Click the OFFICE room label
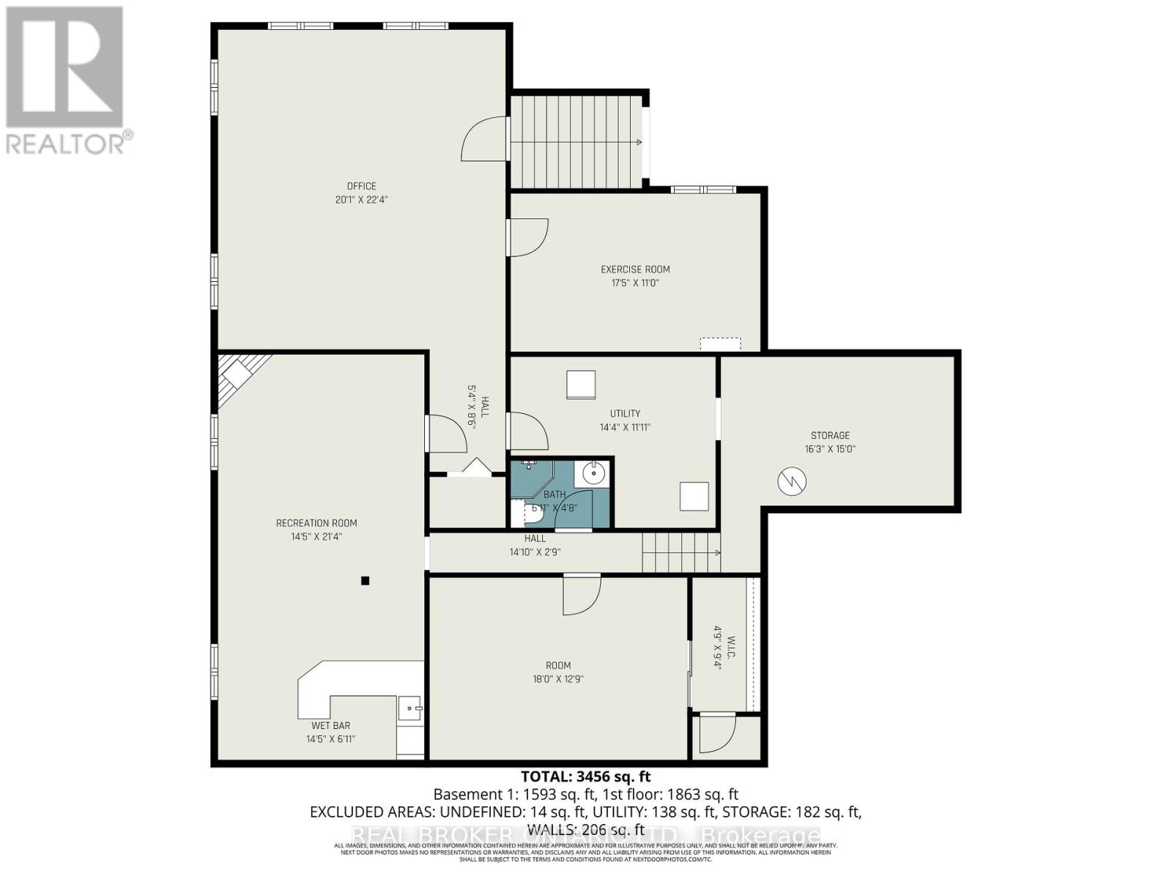click(x=361, y=186)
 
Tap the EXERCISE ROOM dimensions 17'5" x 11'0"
click(x=635, y=283)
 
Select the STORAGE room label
click(x=830, y=435)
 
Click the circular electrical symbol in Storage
click(x=792, y=481)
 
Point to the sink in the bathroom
click(x=592, y=474)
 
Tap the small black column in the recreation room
click(x=365, y=582)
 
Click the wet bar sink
click(x=410, y=708)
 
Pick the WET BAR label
click(x=330, y=726)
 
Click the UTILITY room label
click(x=625, y=413)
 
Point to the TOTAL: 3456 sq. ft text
click(x=585, y=776)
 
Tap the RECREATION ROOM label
click(x=316, y=523)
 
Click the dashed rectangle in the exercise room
click(x=720, y=344)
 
